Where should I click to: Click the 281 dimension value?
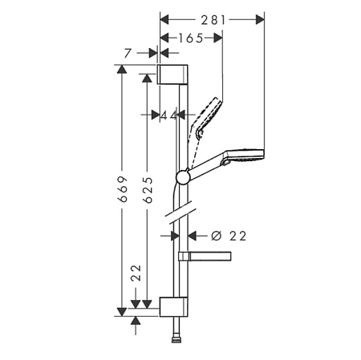click(213, 20)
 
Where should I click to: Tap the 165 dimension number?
click(190, 38)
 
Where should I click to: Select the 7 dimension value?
click(128, 53)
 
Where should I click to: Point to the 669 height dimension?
click(123, 188)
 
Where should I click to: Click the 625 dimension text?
click(148, 190)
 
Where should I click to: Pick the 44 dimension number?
click(168, 115)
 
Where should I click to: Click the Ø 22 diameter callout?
click(229, 236)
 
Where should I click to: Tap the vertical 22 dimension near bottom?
click(136, 273)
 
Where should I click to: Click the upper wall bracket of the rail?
click(172, 75)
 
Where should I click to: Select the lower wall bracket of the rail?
click(173, 306)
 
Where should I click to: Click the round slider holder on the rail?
click(183, 177)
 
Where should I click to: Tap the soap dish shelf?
click(205, 256)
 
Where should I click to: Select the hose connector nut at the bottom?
click(176, 340)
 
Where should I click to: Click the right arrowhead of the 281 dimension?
click(260, 19)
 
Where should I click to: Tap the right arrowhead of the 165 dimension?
click(218, 38)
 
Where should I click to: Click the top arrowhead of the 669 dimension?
click(122, 69)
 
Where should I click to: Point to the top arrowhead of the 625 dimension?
click(147, 78)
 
